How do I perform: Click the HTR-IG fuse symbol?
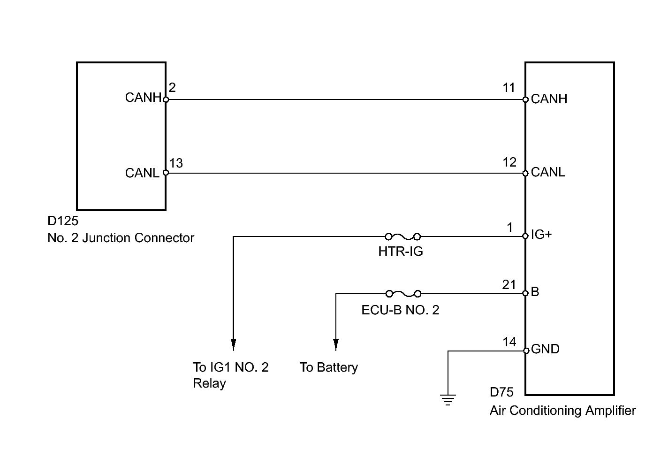point(403,237)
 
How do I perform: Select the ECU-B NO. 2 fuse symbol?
point(403,294)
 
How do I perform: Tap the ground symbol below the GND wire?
point(448,400)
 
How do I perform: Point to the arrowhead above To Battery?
point(336,344)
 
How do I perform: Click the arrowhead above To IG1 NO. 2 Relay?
point(234,344)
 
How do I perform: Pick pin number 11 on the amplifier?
point(509,88)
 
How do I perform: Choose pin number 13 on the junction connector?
point(176,163)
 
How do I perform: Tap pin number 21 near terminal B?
point(509,285)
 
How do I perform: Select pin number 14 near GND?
point(509,342)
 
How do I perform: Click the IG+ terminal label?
point(541,235)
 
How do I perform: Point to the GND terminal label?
point(545,349)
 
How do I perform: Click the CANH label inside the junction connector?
point(143,98)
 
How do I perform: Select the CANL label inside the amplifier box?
point(548,172)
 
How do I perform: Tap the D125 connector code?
point(63,221)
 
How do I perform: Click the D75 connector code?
point(501,392)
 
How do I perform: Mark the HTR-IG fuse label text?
point(401,252)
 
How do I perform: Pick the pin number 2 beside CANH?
point(172,88)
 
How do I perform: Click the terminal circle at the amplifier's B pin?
point(525,293)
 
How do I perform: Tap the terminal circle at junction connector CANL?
point(166,173)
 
